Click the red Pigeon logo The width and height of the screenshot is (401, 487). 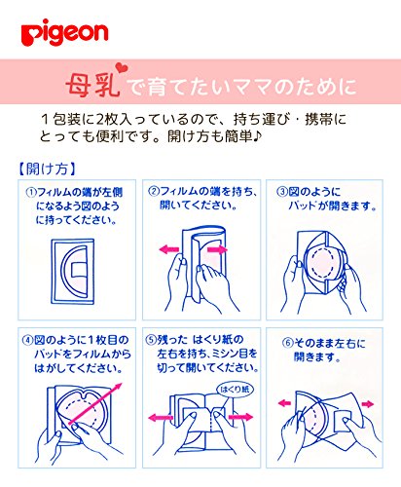click(x=64, y=32)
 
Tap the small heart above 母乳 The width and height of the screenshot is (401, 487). click(x=122, y=68)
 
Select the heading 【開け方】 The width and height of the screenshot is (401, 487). click(x=47, y=169)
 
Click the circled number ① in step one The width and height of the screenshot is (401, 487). click(x=31, y=193)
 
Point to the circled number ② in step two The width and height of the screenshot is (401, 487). click(x=154, y=191)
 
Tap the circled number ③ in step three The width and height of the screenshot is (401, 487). click(x=281, y=192)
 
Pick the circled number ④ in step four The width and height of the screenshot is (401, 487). click(x=28, y=340)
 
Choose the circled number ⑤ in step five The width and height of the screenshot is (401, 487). click(x=151, y=340)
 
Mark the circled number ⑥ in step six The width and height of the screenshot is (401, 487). click(x=287, y=343)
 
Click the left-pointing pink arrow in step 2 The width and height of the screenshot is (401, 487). click(x=169, y=249)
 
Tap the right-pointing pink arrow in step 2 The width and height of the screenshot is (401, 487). click(x=217, y=249)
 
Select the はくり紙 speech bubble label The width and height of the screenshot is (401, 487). click(x=235, y=389)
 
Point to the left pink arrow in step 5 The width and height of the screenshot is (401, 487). click(x=161, y=418)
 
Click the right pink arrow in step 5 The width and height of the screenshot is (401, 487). click(x=240, y=417)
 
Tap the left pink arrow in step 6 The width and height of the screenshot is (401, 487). click(x=284, y=403)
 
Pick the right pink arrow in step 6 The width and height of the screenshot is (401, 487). click(x=368, y=404)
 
